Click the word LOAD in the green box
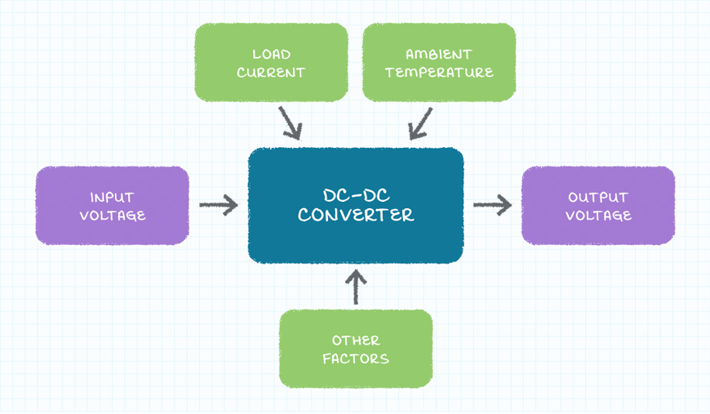272,55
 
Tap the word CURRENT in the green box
272,73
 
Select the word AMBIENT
438,55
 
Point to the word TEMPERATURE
439,73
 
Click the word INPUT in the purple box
112,197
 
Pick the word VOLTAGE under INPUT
112,216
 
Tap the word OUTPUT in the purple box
598,197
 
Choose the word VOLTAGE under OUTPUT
598,216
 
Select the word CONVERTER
356,215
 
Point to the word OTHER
356,340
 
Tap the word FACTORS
356,358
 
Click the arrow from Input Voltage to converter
219,205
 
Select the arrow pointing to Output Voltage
492,205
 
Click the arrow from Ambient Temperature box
421,123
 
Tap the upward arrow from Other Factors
356,286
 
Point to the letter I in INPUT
92,197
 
